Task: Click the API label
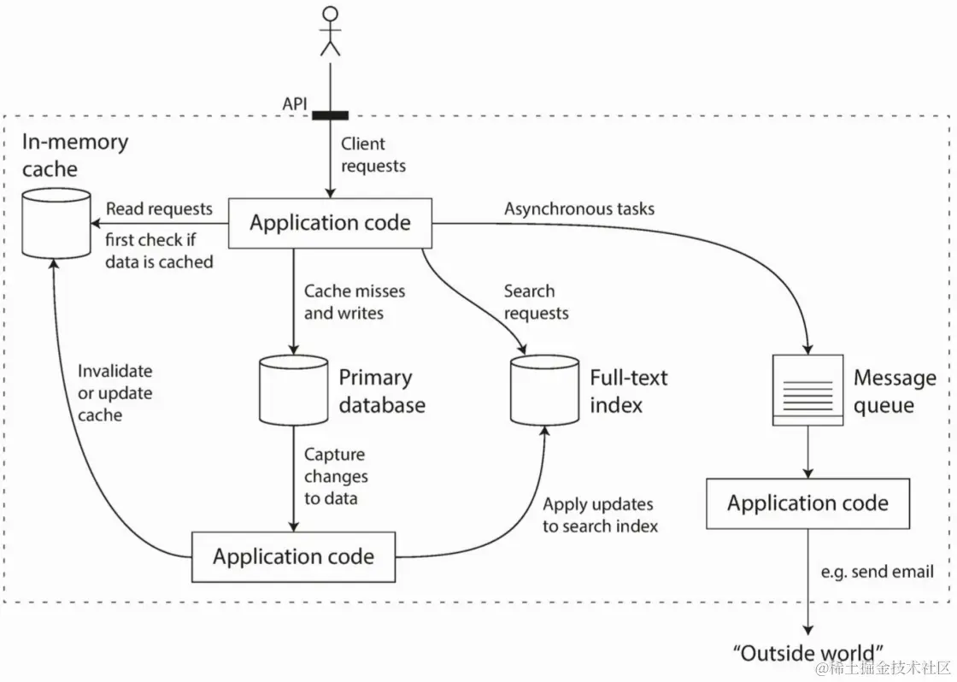coord(295,104)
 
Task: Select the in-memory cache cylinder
coord(56,222)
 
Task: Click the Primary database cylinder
coord(293,390)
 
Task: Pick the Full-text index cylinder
coord(545,390)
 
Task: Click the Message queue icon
coord(807,390)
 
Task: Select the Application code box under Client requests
coord(330,223)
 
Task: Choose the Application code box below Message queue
coord(807,503)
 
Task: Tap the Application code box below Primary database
coord(293,557)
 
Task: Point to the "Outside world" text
coord(807,653)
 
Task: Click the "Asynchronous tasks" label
coord(579,209)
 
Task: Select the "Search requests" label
coord(536,303)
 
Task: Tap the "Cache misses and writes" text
coord(355,303)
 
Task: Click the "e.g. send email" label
coord(878,572)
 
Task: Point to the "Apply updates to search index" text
coord(601,515)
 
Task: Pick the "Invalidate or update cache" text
coord(114,393)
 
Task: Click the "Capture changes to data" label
coord(336,476)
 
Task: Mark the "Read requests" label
coord(159,209)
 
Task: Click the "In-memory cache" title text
coord(75,156)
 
